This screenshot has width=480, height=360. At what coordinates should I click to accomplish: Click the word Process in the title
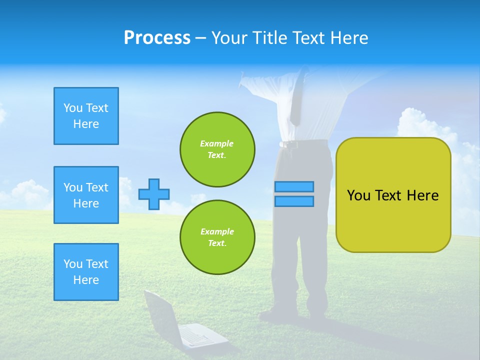click(x=157, y=38)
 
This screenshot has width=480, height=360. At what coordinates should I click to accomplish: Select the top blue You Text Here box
click(x=86, y=116)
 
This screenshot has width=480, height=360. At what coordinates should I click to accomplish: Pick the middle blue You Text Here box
click(x=86, y=195)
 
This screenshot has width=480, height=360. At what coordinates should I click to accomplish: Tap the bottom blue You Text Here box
click(x=86, y=272)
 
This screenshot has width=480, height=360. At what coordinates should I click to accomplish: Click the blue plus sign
click(x=154, y=194)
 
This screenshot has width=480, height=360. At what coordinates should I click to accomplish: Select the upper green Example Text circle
click(x=217, y=149)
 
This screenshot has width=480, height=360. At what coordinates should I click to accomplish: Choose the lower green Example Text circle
click(x=217, y=237)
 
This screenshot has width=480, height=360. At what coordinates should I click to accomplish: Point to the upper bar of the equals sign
click(x=294, y=186)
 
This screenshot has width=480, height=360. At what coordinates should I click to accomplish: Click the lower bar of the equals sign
click(x=294, y=201)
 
